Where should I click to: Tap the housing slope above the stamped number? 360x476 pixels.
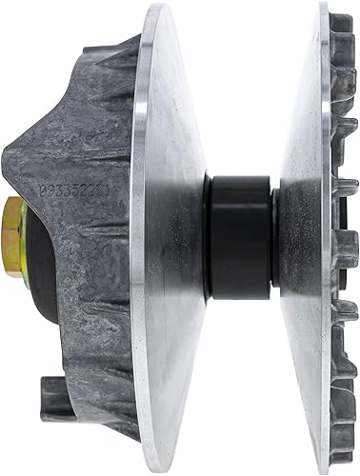click(95, 124)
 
